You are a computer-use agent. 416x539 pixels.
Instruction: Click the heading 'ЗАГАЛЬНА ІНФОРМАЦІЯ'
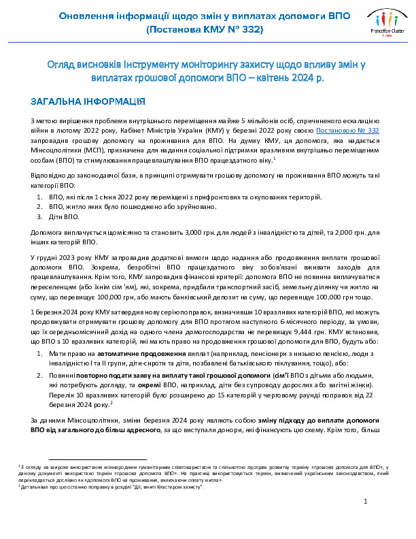coord(87,102)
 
